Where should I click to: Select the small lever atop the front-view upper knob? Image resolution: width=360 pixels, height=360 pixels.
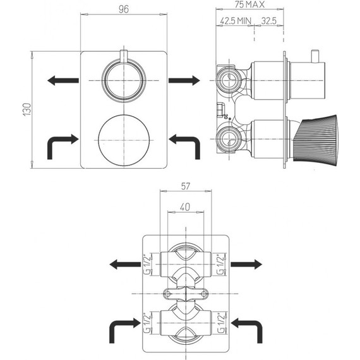(124, 55)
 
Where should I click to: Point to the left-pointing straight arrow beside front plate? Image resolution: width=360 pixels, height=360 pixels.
(63, 80)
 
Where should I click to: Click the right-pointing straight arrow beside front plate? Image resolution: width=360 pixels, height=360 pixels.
(184, 80)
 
